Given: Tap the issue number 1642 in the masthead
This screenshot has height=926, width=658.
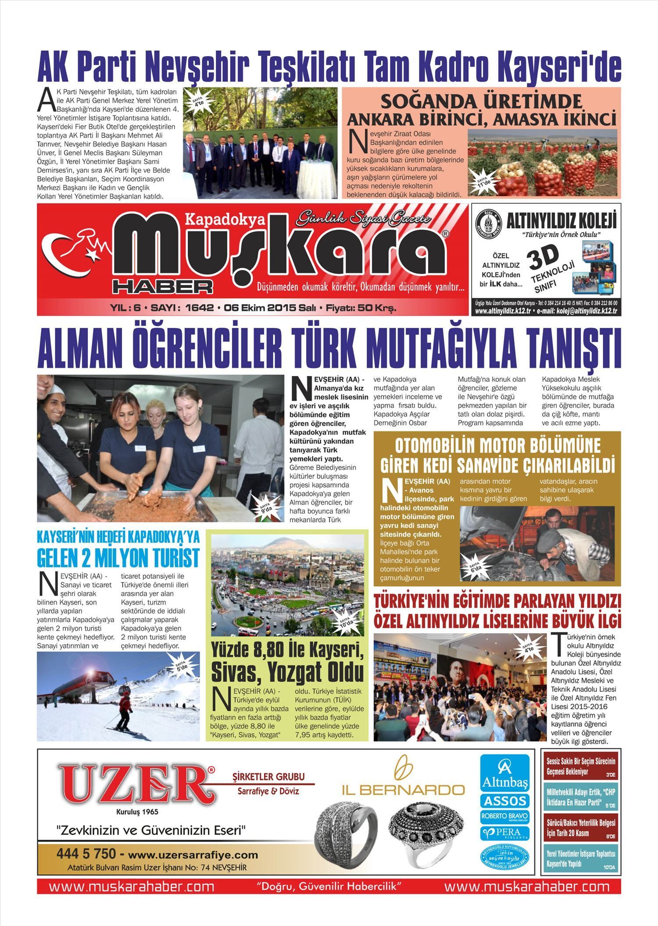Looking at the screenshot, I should pos(199,308).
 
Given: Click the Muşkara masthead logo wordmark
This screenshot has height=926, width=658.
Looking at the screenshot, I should pos(281,255).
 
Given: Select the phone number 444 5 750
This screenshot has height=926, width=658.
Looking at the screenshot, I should pos(86,861).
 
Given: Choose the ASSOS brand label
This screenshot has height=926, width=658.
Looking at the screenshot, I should pos(504,801).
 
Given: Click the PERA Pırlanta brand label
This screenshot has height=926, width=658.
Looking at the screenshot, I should pos(504,833).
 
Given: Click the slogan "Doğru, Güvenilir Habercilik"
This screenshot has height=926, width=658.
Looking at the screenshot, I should pos(329,886).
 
